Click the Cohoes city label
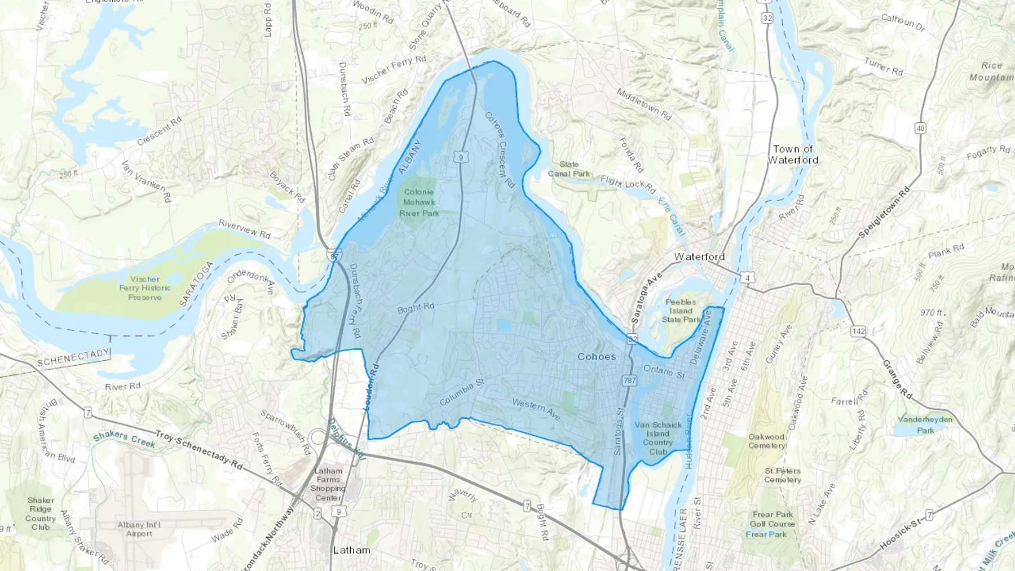(597, 357)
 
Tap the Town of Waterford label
(793, 154)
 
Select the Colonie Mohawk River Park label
(419, 202)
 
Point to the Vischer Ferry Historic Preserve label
(145, 288)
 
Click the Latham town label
(351, 550)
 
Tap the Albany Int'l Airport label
(139, 529)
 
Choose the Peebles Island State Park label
(681, 311)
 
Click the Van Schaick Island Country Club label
(658, 438)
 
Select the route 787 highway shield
(629, 380)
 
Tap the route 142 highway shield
(858, 331)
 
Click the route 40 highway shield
(920, 129)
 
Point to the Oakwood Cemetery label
(767, 441)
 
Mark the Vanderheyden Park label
(925, 424)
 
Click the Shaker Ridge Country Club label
(41, 514)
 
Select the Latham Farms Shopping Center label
(328, 484)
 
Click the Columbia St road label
(462, 392)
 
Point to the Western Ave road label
(536, 409)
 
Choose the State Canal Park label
(569, 169)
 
